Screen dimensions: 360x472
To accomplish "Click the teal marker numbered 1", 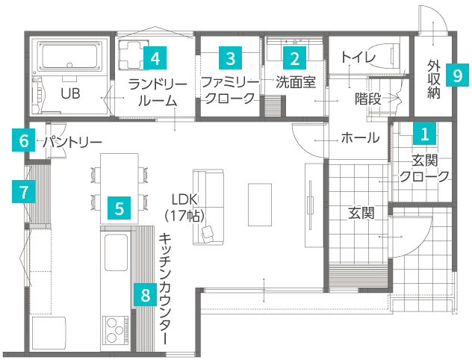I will click(424, 134).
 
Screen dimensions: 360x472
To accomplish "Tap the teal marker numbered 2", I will click(294, 58).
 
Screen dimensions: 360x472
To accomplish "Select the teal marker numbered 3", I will click(231, 58).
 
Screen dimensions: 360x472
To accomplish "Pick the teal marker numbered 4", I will click(155, 58).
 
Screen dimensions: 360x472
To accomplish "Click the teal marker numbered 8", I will click(145, 294).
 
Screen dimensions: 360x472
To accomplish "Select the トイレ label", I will click(358, 57).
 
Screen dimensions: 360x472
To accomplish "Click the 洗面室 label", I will click(296, 81).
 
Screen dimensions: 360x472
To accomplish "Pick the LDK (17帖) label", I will click(184, 207).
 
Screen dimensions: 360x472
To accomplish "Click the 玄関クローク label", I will click(424, 168).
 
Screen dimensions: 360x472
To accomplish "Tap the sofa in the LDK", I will click(206, 205).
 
